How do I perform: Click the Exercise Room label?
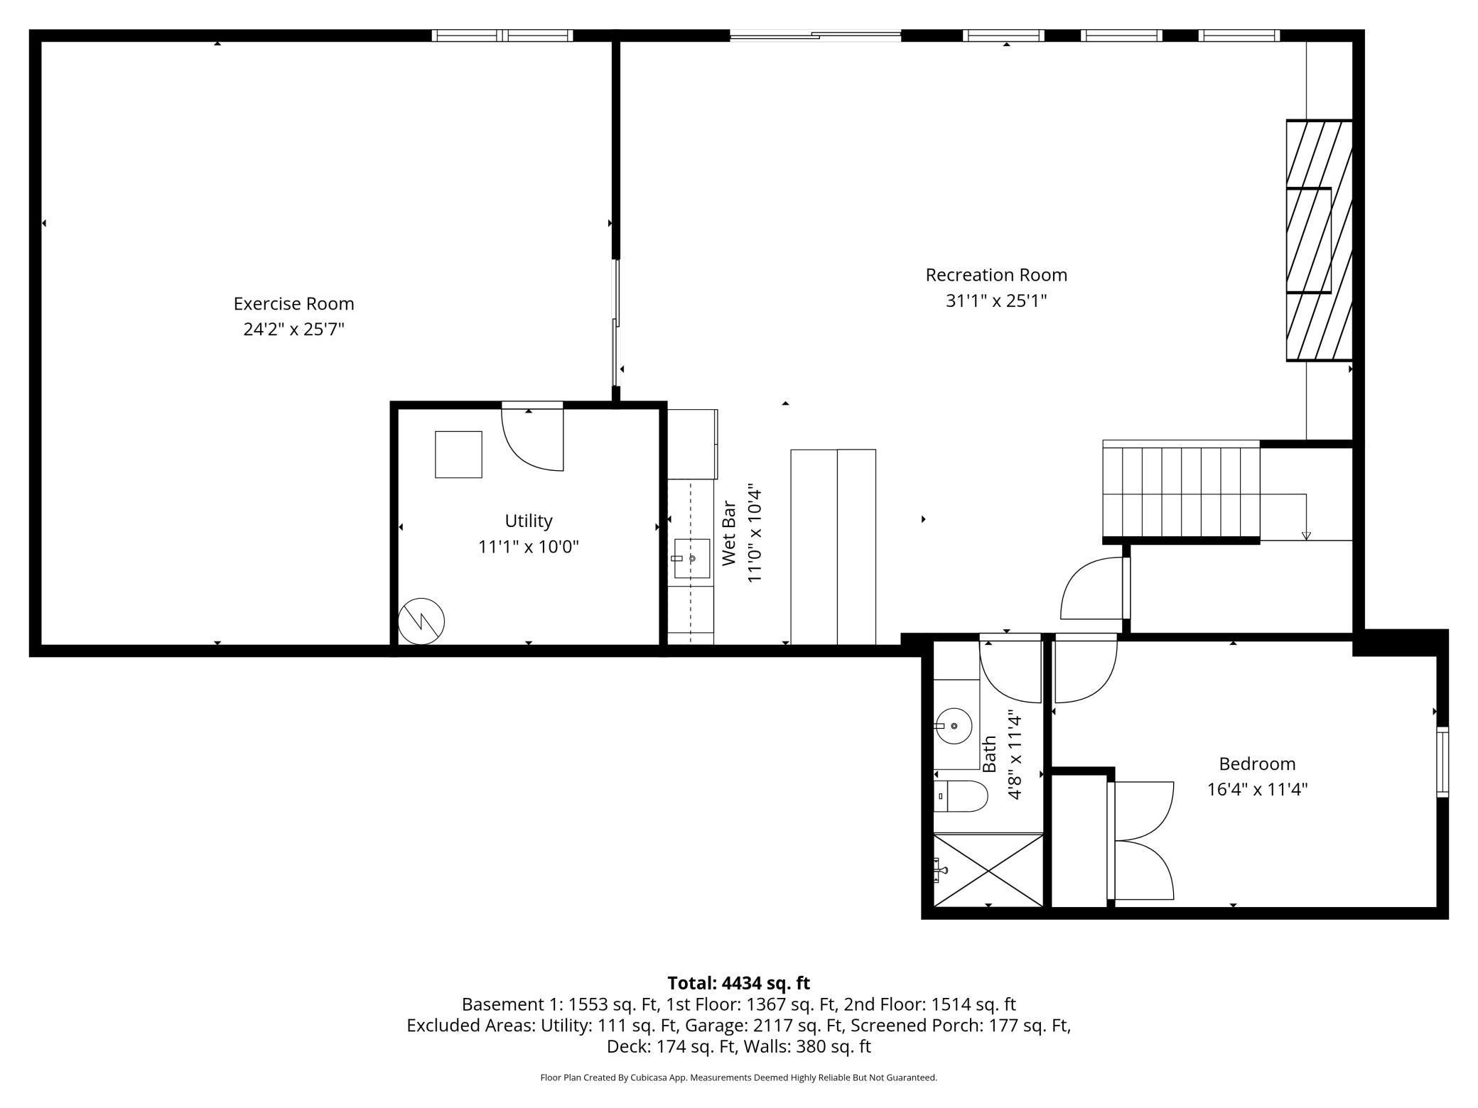[293, 304]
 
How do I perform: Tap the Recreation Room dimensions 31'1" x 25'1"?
[996, 301]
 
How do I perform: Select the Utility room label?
[529, 521]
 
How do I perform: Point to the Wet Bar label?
[729, 533]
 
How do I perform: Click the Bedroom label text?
[1257, 764]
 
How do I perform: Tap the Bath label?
[989, 754]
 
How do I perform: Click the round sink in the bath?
[954, 726]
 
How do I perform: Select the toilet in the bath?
[961, 796]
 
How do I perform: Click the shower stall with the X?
[988, 870]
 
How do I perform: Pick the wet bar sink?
[691, 558]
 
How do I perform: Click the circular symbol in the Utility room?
[421, 621]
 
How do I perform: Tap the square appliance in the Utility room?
[458, 455]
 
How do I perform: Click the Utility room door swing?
[532, 441]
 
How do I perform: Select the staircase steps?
[1181, 492]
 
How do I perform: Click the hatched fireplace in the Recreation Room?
[1319, 241]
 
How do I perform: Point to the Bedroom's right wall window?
[1442, 761]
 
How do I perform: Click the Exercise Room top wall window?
[502, 36]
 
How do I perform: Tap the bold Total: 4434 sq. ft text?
[738, 983]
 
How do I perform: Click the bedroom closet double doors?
[1140, 841]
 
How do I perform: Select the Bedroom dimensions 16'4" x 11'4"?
[1257, 790]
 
